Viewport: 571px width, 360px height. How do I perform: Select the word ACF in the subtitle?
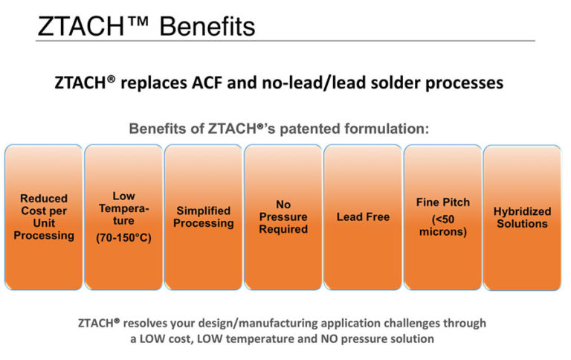click(225, 82)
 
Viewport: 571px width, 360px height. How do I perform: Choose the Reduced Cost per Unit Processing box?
click(43, 216)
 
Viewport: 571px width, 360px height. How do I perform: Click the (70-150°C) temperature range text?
click(123, 240)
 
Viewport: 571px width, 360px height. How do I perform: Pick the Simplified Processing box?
click(204, 216)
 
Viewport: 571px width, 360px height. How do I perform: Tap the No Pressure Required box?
click(283, 216)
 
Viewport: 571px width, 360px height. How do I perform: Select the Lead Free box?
click(363, 217)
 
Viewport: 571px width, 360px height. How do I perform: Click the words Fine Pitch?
click(442, 202)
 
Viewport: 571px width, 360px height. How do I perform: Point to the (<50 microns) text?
click(442, 227)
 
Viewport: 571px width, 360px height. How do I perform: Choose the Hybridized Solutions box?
click(521, 217)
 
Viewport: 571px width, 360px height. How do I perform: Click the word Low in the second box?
click(123, 196)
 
